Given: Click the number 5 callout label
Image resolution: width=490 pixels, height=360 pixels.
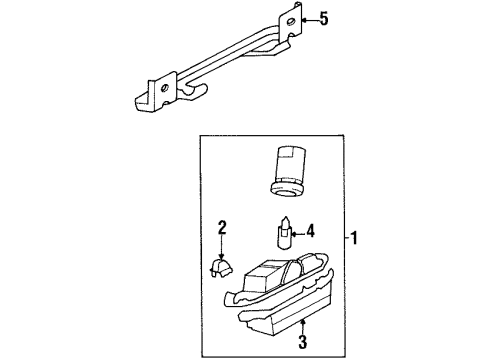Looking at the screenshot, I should tap(321, 17).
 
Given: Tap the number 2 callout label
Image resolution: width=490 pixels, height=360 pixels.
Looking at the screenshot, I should tap(223, 228).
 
